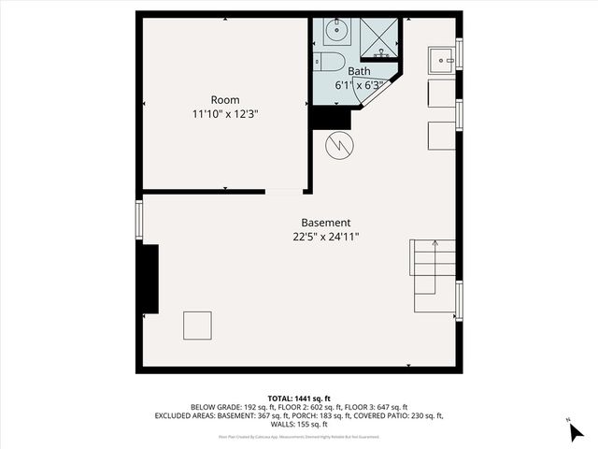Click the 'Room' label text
[x=224, y=100]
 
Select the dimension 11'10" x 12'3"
[x=224, y=114]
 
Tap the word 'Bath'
[x=359, y=71]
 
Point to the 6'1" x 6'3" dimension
[x=359, y=84]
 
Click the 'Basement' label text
[x=326, y=223]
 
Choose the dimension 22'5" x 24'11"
[x=326, y=237]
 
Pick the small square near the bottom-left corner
[x=197, y=325]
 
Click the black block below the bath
[x=329, y=118]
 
